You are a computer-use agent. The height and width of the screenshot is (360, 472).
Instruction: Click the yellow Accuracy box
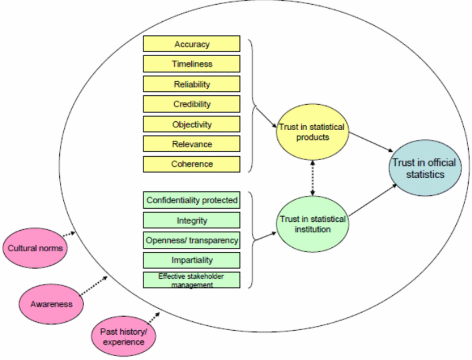coord(192,44)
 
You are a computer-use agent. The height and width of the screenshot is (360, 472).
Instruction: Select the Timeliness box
coord(192,64)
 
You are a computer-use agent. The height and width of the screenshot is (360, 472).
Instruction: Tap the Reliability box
coord(192,84)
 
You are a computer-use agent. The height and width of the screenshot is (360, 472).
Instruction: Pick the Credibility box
coord(192,104)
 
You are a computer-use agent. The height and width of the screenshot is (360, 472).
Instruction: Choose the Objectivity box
coord(192,124)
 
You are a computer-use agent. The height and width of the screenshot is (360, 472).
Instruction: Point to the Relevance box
coord(192,144)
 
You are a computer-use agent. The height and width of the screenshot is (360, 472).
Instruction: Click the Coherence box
coord(192,164)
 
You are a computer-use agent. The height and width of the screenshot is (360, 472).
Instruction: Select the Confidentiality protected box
coord(192,200)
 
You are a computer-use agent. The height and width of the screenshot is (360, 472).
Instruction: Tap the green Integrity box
coord(192,220)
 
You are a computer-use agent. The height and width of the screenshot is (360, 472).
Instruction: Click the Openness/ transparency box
coord(192,239)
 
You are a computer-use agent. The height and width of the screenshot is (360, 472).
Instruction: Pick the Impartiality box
coord(192,260)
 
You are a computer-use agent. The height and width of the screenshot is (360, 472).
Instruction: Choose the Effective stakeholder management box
coord(192,280)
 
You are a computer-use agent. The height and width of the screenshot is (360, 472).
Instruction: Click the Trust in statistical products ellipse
coord(313,132)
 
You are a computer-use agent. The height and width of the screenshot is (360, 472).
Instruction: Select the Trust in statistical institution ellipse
coord(312,223)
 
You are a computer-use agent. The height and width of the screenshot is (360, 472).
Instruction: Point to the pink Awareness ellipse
coord(51,303)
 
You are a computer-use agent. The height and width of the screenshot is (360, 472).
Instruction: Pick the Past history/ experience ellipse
coord(123,337)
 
